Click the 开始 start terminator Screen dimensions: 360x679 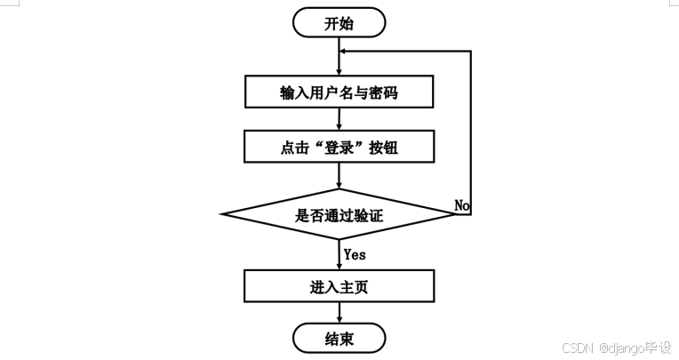click(x=339, y=22)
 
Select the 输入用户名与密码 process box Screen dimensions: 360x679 click(x=339, y=91)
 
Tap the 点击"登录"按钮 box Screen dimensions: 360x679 click(x=339, y=148)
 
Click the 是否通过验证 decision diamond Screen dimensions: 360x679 click(x=339, y=214)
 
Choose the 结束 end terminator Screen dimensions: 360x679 click(x=339, y=339)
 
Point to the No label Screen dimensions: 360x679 click(x=462, y=205)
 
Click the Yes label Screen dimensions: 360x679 click(x=355, y=254)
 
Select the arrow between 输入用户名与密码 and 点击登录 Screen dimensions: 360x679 click(x=339, y=119)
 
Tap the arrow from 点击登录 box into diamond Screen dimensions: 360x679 click(x=339, y=176)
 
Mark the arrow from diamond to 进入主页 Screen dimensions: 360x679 click(x=339, y=256)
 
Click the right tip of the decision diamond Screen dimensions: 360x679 click(x=456, y=214)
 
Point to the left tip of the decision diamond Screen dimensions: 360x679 click(x=222, y=214)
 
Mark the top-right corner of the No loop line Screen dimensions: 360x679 click(x=470, y=51)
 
